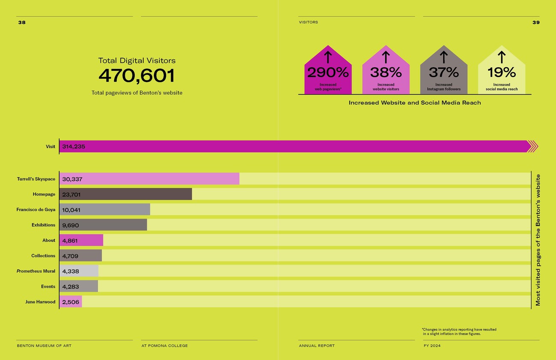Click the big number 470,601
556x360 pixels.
click(136, 76)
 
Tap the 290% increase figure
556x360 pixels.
click(328, 72)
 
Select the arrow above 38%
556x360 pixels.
click(385, 57)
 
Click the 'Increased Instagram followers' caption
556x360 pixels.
click(444, 87)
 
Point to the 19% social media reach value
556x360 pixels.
click(501, 72)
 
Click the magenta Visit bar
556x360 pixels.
click(295, 146)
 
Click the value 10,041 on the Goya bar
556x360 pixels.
click(71, 210)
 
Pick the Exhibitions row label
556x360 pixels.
click(43, 225)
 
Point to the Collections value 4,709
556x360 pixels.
click(70, 256)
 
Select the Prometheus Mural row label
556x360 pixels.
click(36, 271)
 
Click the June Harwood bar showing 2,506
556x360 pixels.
click(71, 302)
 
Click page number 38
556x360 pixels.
click(22, 23)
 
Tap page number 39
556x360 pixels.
click(536, 23)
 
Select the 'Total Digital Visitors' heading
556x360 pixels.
click(136, 60)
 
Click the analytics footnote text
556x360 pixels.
click(459, 332)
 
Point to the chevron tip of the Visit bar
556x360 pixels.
click(533, 146)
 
